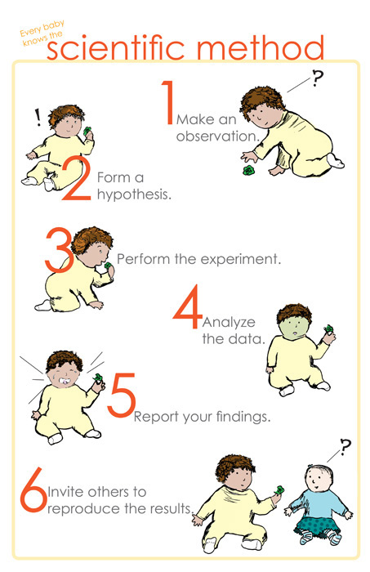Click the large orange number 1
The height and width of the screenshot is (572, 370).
(x=167, y=102)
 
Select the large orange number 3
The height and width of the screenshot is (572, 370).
(x=58, y=250)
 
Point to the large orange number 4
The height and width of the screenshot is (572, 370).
(x=188, y=307)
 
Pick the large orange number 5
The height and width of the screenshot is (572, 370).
(x=122, y=395)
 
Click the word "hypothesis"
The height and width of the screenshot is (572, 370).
(x=134, y=195)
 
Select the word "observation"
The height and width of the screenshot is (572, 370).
(x=218, y=136)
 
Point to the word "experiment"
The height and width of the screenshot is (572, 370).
(x=241, y=260)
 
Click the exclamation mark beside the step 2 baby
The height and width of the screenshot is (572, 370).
(x=38, y=118)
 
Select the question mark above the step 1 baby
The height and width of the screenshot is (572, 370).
(x=317, y=78)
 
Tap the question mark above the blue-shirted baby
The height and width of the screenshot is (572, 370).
(x=345, y=447)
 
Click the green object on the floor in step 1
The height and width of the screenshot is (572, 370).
(x=249, y=170)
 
